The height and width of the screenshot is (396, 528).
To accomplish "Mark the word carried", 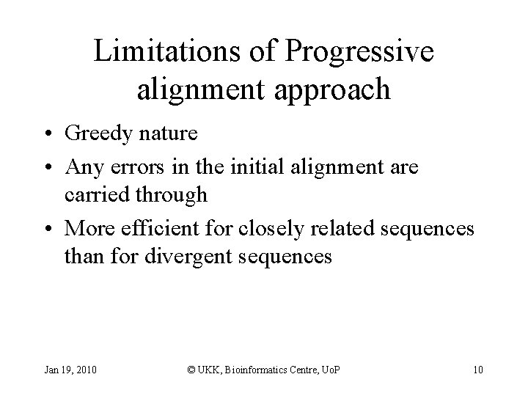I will [x=92, y=196].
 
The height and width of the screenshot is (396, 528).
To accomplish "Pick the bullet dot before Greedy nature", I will [x=47, y=135].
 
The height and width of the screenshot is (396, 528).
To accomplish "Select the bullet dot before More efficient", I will [x=47, y=230].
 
